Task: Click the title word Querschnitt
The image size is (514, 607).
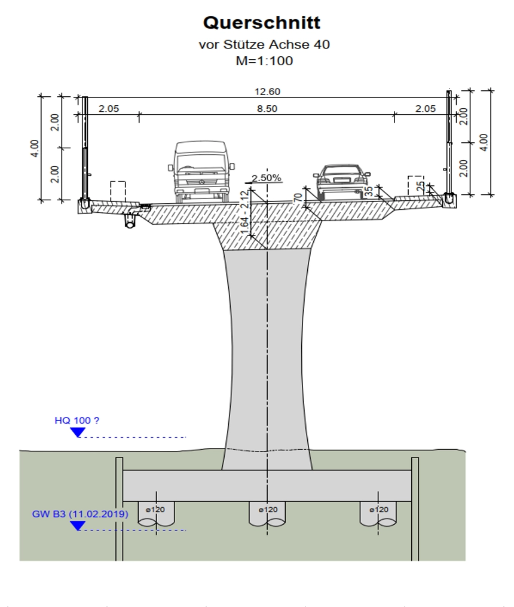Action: pyautogui.click(x=262, y=23)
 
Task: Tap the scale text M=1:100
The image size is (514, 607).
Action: pyautogui.click(x=264, y=61)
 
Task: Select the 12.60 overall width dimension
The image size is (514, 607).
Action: pyautogui.click(x=267, y=92)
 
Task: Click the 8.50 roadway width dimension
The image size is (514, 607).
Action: pyautogui.click(x=267, y=109)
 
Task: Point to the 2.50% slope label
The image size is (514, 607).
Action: pyautogui.click(x=267, y=177)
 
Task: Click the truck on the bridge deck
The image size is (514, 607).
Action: pyautogui.click(x=201, y=172)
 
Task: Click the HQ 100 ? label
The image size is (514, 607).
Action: pyautogui.click(x=77, y=421)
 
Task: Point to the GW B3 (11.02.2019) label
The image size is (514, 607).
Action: pyautogui.click(x=80, y=514)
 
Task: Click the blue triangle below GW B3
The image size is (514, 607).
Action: pyautogui.click(x=78, y=526)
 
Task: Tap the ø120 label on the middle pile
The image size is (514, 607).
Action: pyautogui.click(x=268, y=510)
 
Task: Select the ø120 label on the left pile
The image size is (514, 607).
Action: pyautogui.click(x=155, y=510)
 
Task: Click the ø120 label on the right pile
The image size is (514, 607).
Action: pyautogui.click(x=379, y=510)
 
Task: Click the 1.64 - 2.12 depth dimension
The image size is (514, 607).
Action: pyautogui.click(x=244, y=213)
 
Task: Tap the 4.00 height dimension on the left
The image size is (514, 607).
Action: pyautogui.click(x=35, y=148)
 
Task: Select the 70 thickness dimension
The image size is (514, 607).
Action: pyautogui.click(x=298, y=198)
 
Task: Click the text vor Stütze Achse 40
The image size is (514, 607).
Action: pyautogui.click(x=264, y=45)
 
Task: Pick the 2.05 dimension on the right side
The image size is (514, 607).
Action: pyautogui.click(x=426, y=109)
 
